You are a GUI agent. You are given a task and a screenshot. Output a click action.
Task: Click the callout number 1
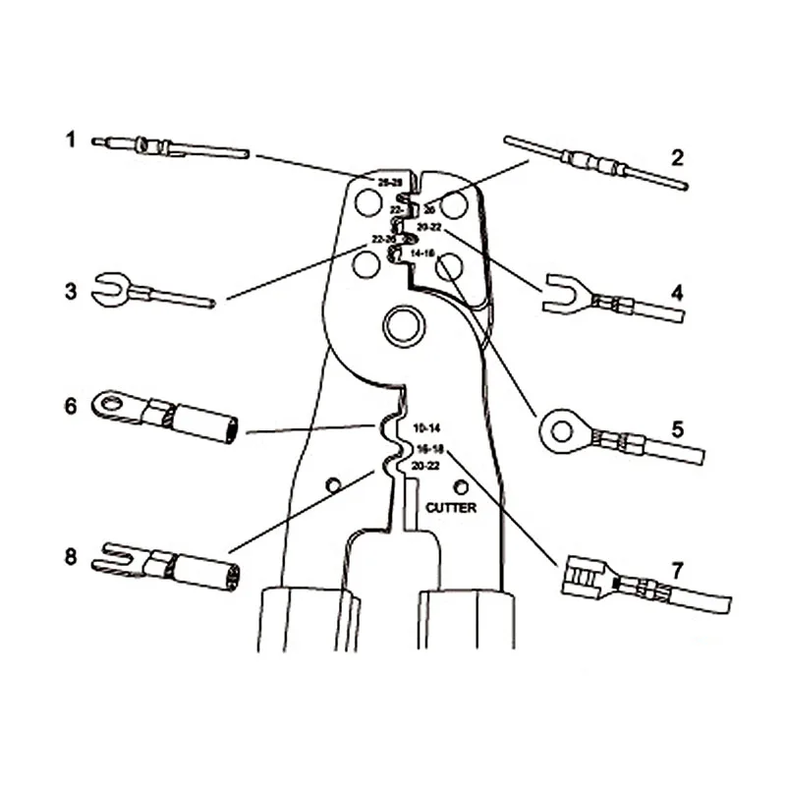point(70,140)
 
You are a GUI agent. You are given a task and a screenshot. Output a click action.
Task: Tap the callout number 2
point(677,155)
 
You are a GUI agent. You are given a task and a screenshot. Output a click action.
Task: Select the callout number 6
point(70,405)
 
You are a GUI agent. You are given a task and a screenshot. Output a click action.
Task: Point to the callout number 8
point(70,556)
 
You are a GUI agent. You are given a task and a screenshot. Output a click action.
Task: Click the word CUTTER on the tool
point(451,508)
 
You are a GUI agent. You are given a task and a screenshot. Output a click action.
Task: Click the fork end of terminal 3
point(109,288)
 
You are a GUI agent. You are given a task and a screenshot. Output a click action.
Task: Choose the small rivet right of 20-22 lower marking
point(460,486)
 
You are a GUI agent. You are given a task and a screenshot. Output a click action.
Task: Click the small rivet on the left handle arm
point(333,484)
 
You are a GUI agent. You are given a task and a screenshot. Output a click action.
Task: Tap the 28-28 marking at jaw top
point(390,183)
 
